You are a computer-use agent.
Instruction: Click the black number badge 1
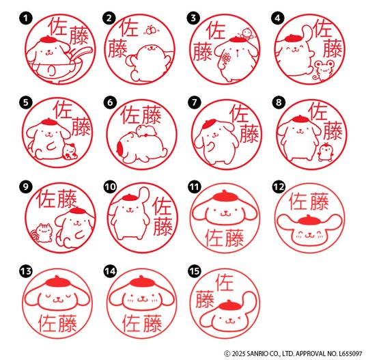pyautogui.click(x=26, y=18)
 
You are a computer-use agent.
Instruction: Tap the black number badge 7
pyautogui.click(x=194, y=102)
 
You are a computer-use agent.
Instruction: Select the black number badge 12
pyautogui.click(x=279, y=186)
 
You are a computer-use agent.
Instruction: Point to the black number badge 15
pyautogui.click(x=194, y=271)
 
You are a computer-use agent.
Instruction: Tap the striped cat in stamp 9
pyautogui.click(x=42, y=232)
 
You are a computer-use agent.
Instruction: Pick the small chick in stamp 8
pyautogui.click(x=325, y=152)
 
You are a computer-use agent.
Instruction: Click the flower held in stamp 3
pyautogui.click(x=225, y=59)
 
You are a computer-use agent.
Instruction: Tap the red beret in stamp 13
pyautogui.click(x=57, y=281)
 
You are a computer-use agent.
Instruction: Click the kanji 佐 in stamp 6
pyautogui.click(x=130, y=115)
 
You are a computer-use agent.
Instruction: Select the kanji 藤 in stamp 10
pyautogui.click(x=163, y=226)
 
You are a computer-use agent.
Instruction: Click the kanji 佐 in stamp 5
pyautogui.click(x=63, y=110)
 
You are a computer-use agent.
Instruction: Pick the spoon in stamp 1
pyautogui.click(x=81, y=55)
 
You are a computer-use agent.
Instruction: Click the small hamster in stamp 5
pyautogui.click(x=70, y=151)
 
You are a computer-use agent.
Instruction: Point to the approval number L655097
pyautogui.click(x=350, y=353)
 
